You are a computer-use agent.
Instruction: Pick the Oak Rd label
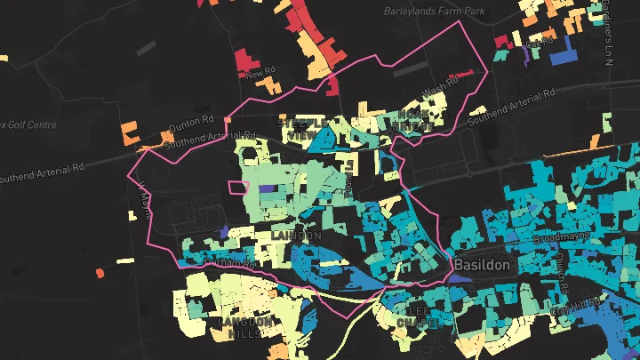(x=540, y=41)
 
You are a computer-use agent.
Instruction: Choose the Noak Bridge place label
(x=415, y=121)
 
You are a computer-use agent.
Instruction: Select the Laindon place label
(x=297, y=235)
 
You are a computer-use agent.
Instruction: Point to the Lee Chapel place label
(x=418, y=316)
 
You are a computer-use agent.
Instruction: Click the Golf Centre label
(x=28, y=124)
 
